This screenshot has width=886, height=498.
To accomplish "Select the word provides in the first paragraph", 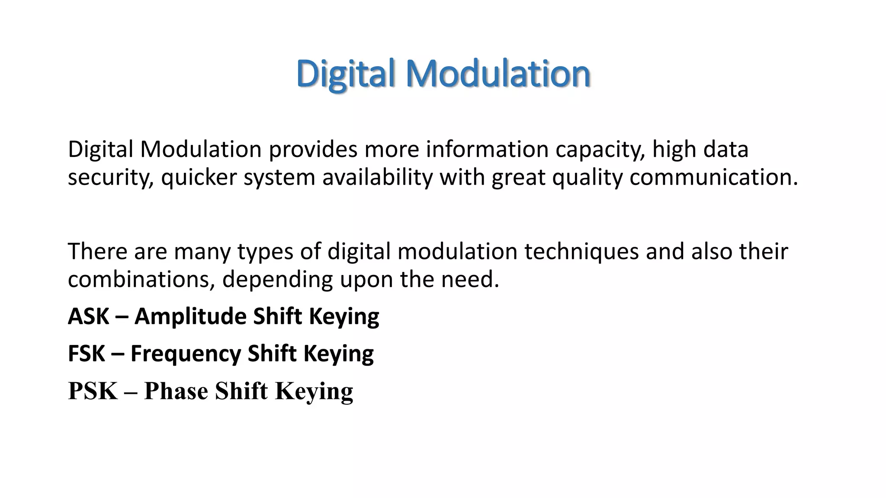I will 313,150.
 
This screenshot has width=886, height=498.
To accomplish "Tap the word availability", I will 377,178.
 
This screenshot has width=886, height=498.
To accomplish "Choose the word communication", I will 713,178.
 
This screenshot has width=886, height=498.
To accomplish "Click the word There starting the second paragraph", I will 97,251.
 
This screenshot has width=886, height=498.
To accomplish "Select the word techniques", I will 581,251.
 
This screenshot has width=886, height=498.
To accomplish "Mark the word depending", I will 277,279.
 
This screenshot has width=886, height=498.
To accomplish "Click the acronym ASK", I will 88,316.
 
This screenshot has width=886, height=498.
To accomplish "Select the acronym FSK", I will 87,353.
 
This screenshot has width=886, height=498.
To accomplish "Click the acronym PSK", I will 93,391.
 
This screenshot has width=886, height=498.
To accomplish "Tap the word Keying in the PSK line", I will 314,391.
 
